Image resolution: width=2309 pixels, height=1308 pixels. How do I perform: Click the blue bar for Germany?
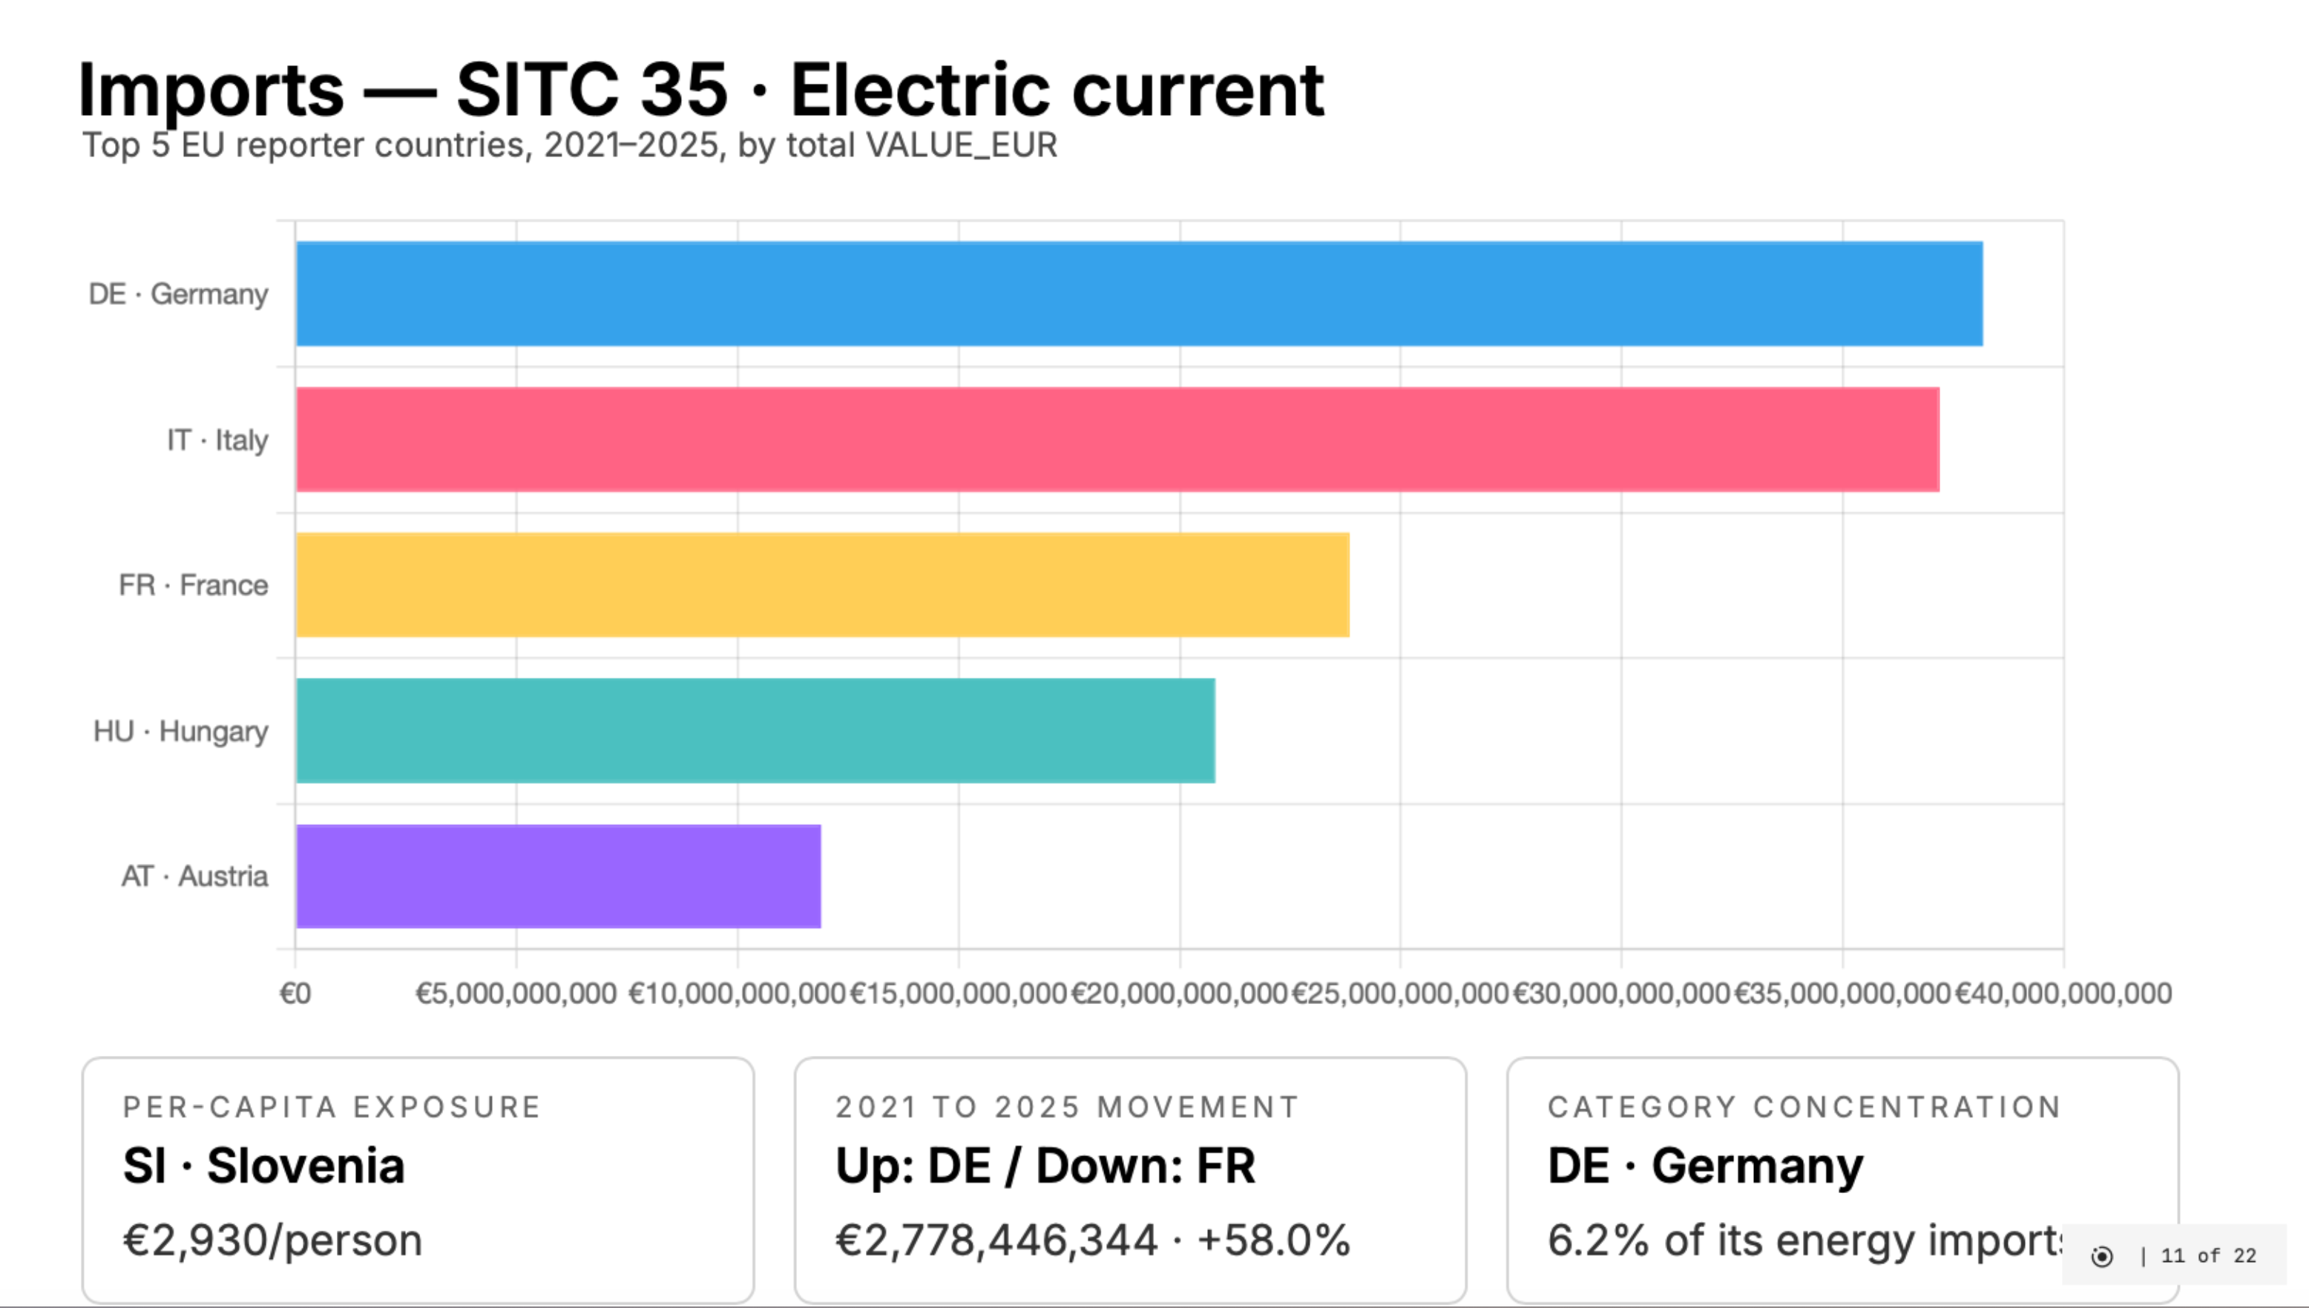click(1139, 294)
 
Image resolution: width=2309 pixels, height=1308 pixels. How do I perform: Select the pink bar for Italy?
click(1117, 439)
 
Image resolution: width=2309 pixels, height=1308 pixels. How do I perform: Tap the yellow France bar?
click(822, 585)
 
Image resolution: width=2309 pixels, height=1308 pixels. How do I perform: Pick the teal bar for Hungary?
click(755, 730)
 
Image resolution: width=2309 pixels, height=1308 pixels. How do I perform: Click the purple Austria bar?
click(558, 876)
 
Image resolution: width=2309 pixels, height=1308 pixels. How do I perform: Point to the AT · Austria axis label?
click(194, 876)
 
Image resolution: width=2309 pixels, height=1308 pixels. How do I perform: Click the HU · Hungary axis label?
click(180, 730)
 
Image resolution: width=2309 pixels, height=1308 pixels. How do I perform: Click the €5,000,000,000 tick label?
click(516, 994)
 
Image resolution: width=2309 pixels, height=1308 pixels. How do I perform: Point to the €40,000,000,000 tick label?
click(2063, 994)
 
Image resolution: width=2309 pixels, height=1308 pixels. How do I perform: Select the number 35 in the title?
click(684, 90)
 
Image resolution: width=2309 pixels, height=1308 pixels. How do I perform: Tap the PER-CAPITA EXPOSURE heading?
click(332, 1107)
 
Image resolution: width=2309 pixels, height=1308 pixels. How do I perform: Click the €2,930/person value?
click(272, 1240)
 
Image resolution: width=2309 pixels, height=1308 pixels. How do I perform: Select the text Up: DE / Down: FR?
click(1045, 1166)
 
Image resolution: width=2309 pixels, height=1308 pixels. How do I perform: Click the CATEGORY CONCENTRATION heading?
click(1804, 1107)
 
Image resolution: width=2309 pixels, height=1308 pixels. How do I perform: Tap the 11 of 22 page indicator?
click(2207, 1256)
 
